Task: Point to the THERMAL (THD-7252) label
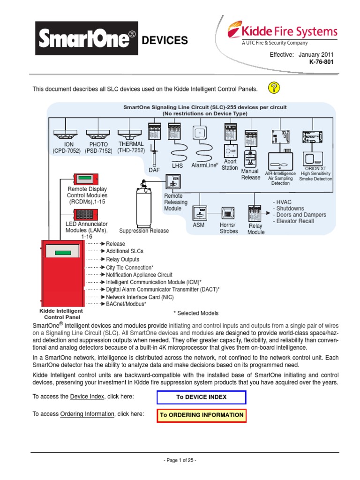(x=131, y=147)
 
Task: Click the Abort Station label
(x=230, y=165)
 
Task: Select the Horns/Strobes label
(x=228, y=228)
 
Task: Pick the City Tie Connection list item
(x=130, y=267)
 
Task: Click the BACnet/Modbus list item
(x=126, y=304)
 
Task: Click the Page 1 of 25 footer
(x=180, y=460)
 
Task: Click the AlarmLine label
(x=204, y=165)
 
